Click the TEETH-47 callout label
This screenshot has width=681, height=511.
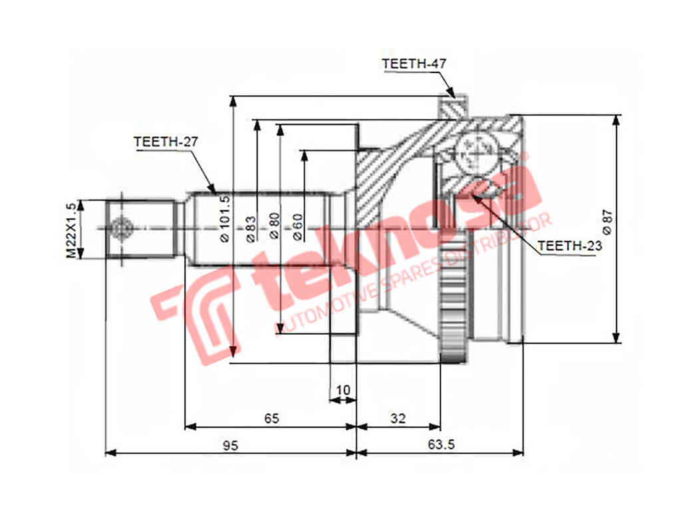click(x=414, y=64)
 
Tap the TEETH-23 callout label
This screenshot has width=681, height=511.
click(x=569, y=246)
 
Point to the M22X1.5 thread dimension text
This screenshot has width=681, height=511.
click(x=71, y=230)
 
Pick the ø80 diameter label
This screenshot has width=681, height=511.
click(x=274, y=226)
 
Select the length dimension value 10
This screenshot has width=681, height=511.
click(x=343, y=389)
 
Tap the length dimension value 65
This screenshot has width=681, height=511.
click(x=271, y=418)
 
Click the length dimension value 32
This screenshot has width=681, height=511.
click(x=398, y=418)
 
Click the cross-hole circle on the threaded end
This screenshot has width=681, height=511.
click(x=121, y=229)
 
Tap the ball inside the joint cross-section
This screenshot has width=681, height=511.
click(x=476, y=152)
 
